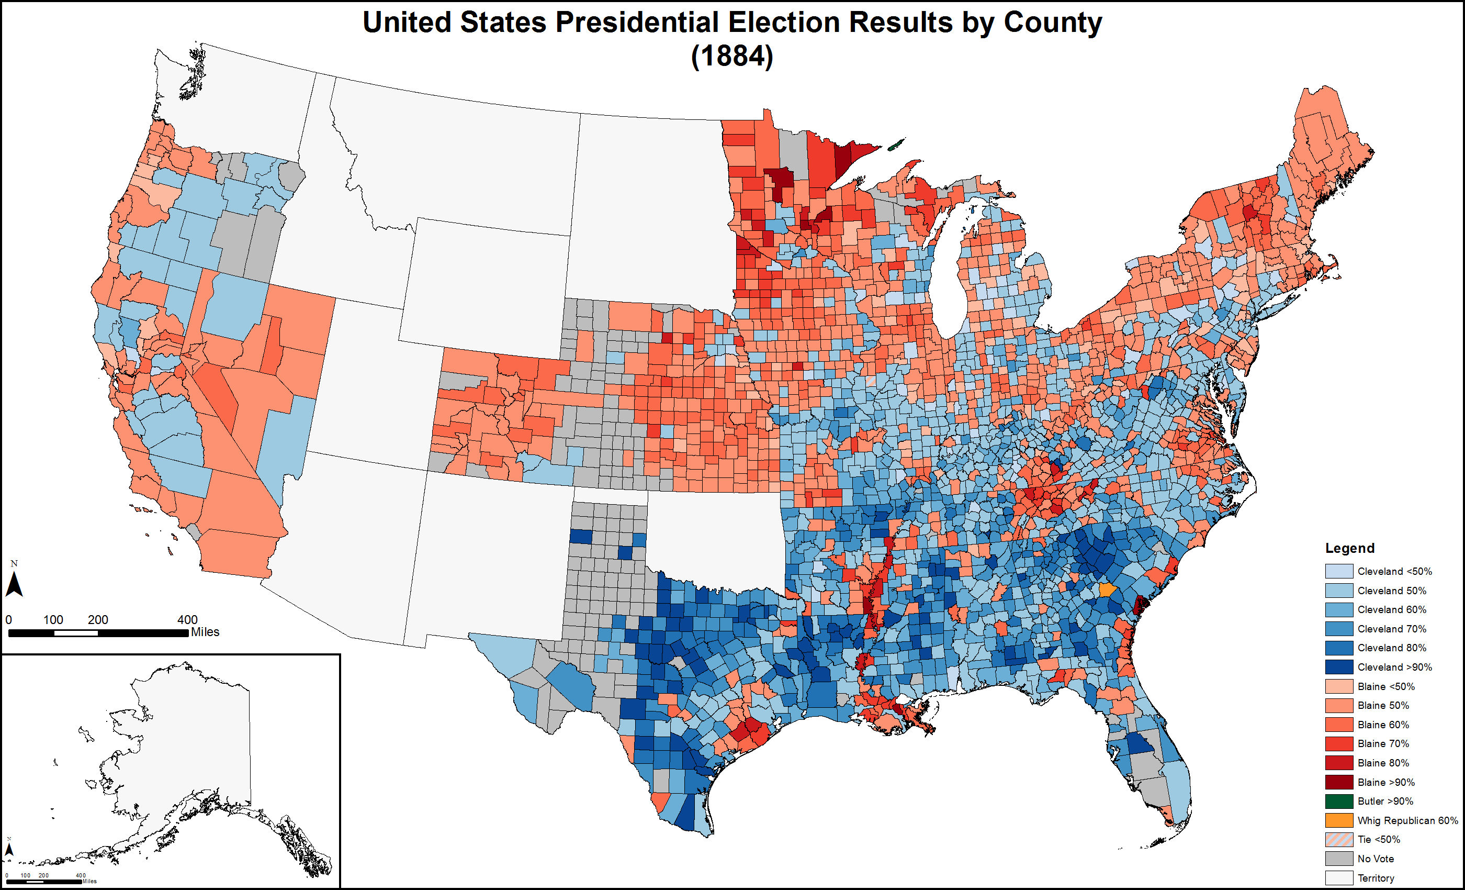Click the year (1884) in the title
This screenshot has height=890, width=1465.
(x=732, y=57)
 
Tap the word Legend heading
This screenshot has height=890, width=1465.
(x=1350, y=548)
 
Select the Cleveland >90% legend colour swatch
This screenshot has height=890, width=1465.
(x=1339, y=667)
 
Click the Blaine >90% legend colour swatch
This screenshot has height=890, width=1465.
(x=1339, y=782)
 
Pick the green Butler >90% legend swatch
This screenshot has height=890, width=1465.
(x=1339, y=801)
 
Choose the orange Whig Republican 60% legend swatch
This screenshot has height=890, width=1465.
(x=1339, y=820)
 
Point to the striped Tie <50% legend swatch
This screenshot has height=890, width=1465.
(x=1339, y=839)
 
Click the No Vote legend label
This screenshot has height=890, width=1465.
(x=1375, y=859)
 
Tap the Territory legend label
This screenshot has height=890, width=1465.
(x=1376, y=878)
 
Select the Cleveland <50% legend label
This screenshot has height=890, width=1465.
(x=1394, y=571)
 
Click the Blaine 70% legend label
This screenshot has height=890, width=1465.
(x=1383, y=743)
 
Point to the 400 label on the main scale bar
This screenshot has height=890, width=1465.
(x=187, y=619)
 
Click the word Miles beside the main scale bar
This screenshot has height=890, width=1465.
(x=205, y=632)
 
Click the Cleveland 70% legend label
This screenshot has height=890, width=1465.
(x=1391, y=629)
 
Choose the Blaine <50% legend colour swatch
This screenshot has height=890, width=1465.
(x=1339, y=686)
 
